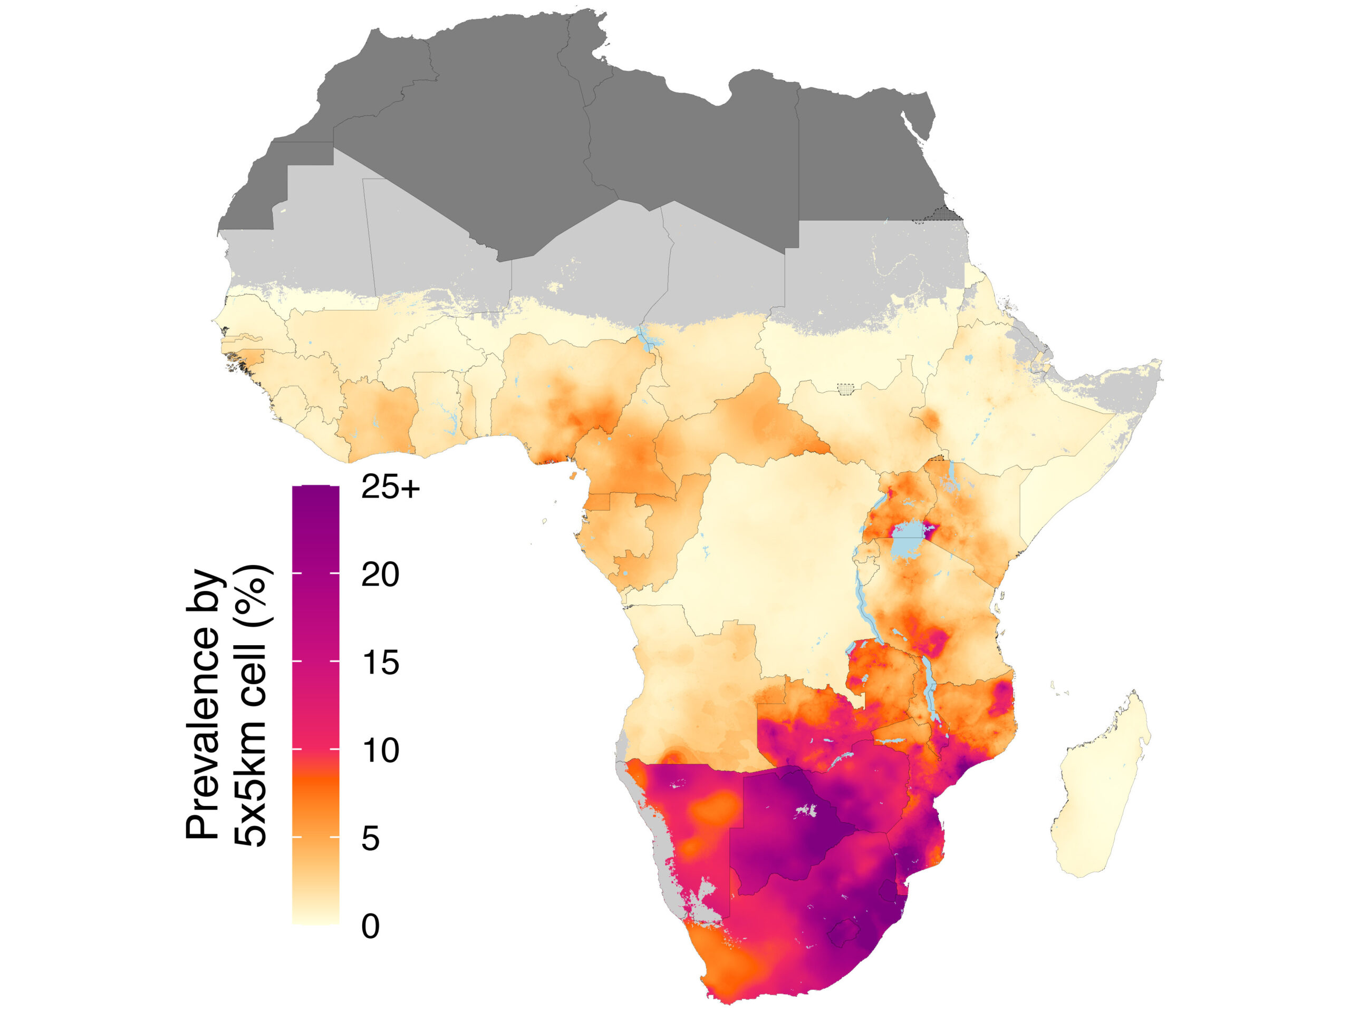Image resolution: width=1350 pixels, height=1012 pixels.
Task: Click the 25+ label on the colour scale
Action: click(391, 488)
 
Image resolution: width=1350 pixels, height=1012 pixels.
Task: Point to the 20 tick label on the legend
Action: click(380, 575)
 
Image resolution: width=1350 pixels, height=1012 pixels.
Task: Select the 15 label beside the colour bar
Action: click(380, 663)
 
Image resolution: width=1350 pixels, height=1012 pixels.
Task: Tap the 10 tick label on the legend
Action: click(380, 751)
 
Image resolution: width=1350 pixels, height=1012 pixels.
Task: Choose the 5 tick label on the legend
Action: click(370, 839)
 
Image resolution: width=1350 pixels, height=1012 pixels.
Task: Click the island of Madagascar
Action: click(1098, 793)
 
